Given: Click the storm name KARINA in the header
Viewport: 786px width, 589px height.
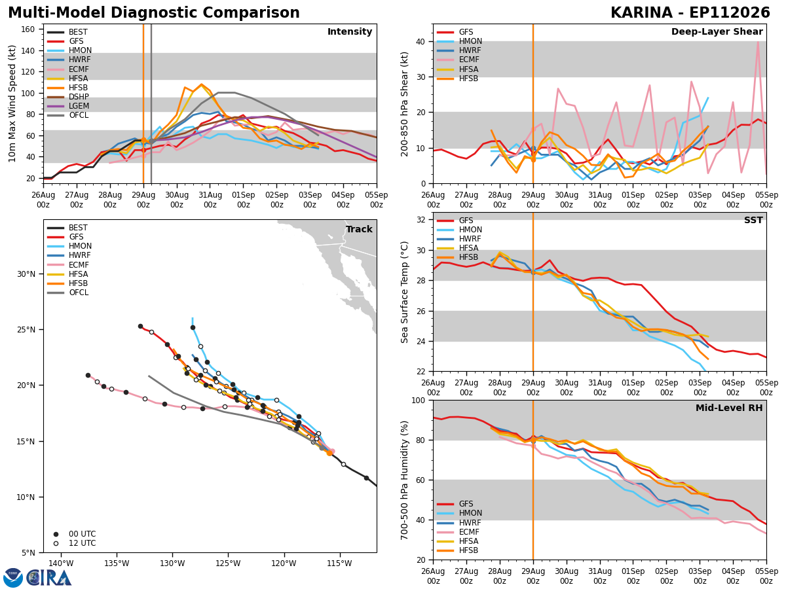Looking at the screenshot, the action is click(x=642, y=13).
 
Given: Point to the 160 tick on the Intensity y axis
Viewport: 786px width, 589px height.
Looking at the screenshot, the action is click(x=28, y=29).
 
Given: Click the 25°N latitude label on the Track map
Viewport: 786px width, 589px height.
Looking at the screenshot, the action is click(x=26, y=329).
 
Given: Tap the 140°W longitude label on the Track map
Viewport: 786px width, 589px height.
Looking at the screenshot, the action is click(x=61, y=563).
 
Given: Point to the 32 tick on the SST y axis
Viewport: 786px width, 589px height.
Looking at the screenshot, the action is click(x=421, y=220).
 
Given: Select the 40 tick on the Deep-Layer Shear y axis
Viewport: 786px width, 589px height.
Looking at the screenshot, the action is click(x=421, y=41).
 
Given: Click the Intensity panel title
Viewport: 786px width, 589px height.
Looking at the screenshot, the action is click(x=350, y=31).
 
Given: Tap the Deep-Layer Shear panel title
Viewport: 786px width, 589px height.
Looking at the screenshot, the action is click(x=717, y=31).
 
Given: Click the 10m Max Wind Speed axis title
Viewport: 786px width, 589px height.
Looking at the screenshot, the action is click(x=12, y=103).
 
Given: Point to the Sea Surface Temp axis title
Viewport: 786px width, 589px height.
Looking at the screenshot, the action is click(x=404, y=292).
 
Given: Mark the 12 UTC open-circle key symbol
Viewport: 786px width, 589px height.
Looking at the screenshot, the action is click(x=56, y=543).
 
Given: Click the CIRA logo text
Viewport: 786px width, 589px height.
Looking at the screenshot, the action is click(x=48, y=578).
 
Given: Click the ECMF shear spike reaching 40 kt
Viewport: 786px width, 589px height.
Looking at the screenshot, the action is click(x=758, y=42).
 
